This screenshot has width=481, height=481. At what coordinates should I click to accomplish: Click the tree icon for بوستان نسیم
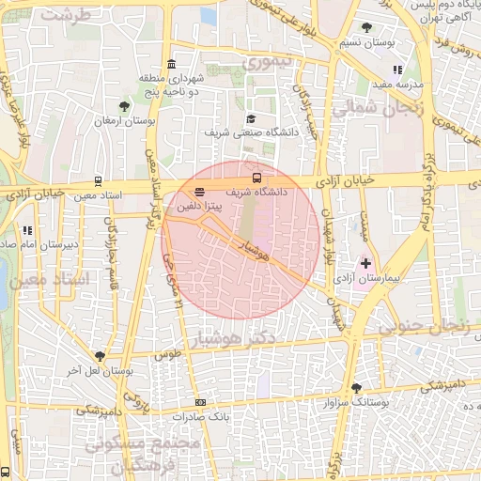365,28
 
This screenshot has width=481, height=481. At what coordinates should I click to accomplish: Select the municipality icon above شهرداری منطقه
170,64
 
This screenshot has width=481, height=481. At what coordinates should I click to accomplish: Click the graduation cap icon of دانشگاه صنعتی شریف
251,119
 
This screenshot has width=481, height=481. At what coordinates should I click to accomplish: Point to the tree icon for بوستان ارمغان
125,105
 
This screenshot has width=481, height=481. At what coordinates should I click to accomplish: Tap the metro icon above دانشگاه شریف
256,177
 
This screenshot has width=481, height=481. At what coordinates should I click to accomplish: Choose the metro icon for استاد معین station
99,182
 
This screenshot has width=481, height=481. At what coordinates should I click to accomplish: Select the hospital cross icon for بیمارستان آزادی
365,265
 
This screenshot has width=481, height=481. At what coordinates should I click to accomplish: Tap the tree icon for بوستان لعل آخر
99,355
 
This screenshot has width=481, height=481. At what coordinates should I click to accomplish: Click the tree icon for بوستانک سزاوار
355,387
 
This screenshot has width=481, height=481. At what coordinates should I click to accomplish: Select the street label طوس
167,356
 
